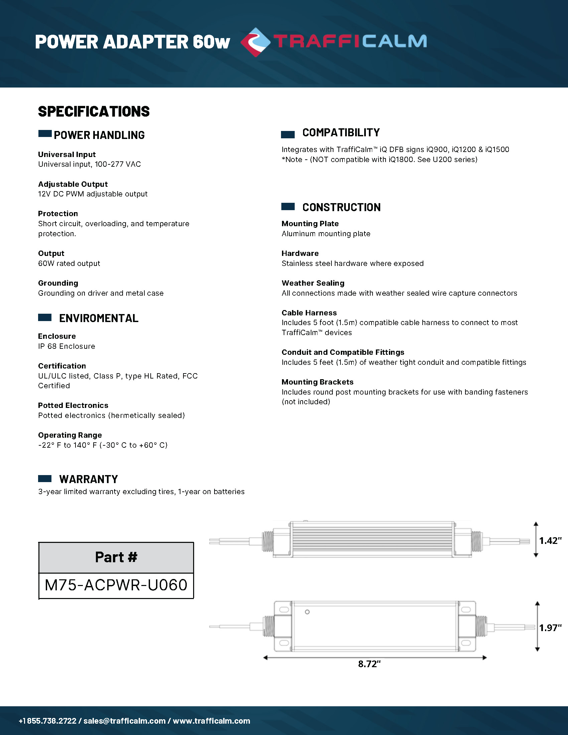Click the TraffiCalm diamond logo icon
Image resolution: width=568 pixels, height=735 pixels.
(x=255, y=42)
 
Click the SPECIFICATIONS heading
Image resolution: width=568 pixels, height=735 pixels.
(x=94, y=112)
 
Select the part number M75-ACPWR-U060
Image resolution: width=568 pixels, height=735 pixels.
(x=116, y=585)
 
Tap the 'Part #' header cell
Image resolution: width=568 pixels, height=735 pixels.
(x=116, y=557)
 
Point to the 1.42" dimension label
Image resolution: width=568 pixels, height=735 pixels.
(x=550, y=541)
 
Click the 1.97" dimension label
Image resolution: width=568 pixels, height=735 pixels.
(x=550, y=628)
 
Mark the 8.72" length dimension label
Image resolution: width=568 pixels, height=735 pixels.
(x=369, y=664)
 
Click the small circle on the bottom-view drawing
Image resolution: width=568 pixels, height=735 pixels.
(x=307, y=612)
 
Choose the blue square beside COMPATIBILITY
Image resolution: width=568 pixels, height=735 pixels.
(x=288, y=135)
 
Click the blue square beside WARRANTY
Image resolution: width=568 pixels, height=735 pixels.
(x=45, y=478)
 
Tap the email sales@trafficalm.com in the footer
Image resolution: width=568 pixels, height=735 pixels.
(x=125, y=721)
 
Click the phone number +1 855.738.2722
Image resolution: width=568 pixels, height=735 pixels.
(x=47, y=721)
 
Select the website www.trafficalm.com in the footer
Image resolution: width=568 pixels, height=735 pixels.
(x=211, y=721)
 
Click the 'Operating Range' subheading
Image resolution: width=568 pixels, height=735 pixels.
(x=70, y=435)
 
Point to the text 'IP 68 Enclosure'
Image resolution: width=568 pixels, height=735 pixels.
(x=66, y=346)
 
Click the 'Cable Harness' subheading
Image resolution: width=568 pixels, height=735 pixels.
(x=309, y=313)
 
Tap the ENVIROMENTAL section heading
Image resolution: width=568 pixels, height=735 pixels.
(x=99, y=318)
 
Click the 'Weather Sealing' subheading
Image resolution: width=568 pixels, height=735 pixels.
(x=313, y=283)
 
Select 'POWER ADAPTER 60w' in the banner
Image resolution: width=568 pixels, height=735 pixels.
(x=132, y=42)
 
